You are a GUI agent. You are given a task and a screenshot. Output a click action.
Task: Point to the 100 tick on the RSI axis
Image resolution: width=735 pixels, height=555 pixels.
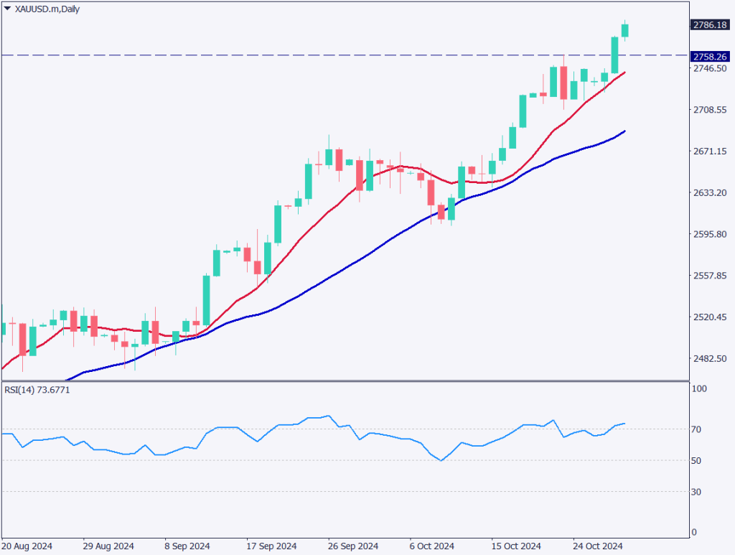coord(699,389)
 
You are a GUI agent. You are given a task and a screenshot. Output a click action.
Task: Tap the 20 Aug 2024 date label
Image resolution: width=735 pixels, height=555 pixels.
coord(27,546)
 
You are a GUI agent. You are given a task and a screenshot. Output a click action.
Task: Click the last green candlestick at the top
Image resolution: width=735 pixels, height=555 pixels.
coord(625,30)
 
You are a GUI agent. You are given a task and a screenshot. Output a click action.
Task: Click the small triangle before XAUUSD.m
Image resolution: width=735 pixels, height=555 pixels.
coord(7,8)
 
